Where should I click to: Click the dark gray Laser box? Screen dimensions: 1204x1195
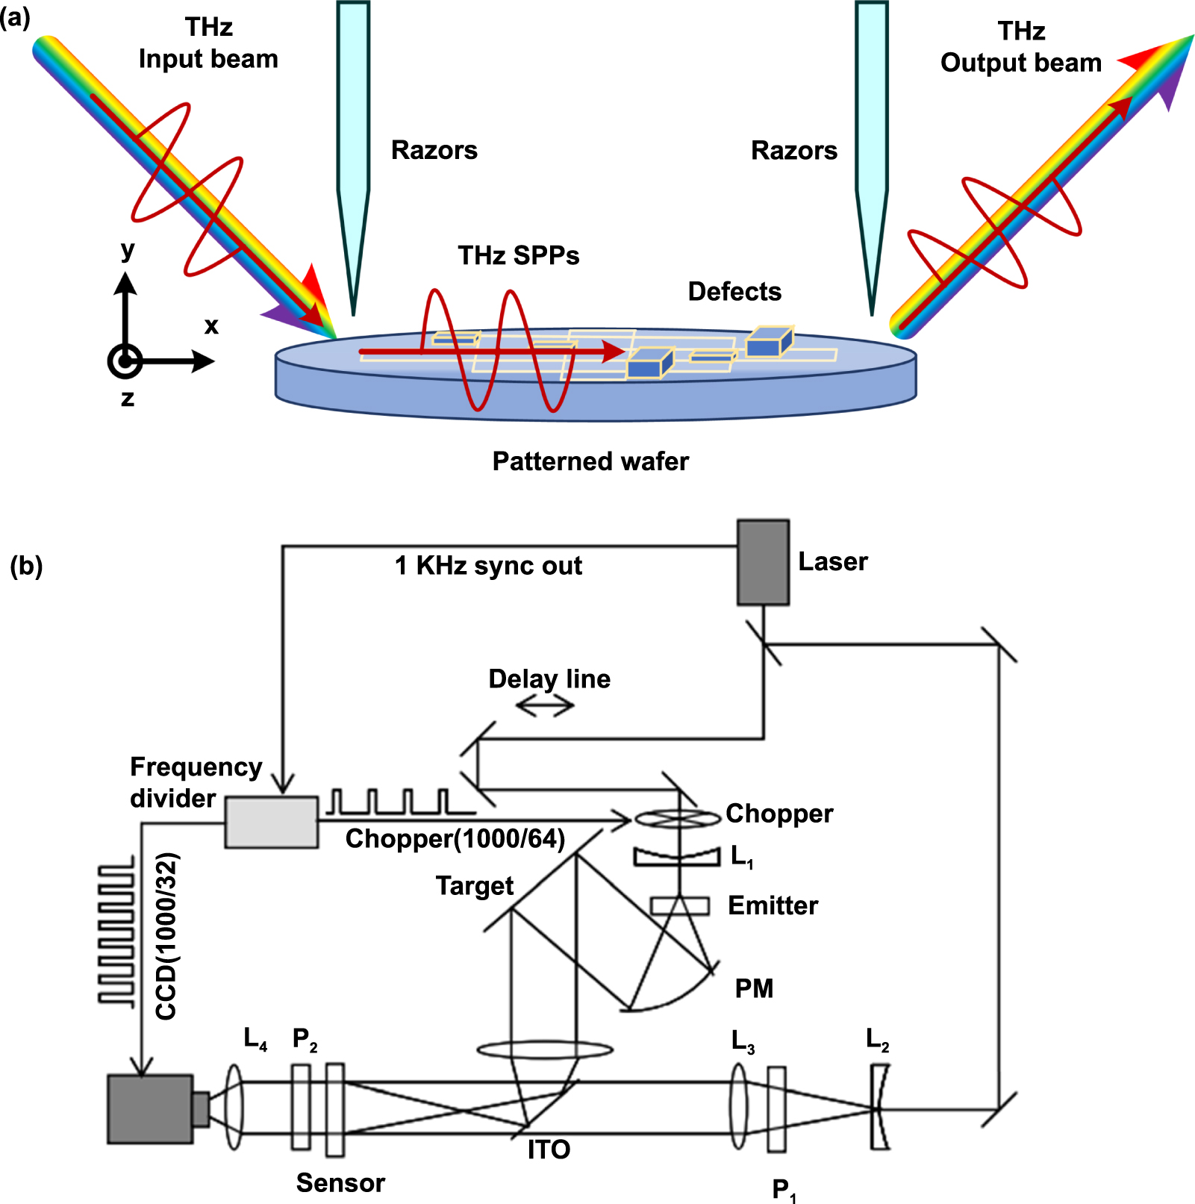click(763, 562)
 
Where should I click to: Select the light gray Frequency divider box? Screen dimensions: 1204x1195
click(272, 822)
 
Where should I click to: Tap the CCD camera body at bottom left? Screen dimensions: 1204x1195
click(150, 1108)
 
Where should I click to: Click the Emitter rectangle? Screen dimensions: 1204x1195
click(679, 905)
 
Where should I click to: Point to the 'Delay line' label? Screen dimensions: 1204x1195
click(549, 679)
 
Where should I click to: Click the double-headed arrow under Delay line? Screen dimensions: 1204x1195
click(545, 705)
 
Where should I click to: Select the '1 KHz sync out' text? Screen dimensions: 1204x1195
click(488, 566)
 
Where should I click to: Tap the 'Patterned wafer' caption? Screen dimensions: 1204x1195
click(590, 461)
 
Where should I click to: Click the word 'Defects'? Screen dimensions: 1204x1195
click(734, 291)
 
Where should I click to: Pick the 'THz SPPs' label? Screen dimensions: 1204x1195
click(519, 255)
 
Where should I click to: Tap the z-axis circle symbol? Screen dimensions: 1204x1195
click(125, 361)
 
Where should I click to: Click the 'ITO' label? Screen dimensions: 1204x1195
click(549, 1150)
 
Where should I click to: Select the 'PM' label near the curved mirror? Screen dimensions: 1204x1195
click(754, 988)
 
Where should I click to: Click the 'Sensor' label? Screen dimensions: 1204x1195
click(340, 1182)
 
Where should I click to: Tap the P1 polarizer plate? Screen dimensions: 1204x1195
click(776, 1110)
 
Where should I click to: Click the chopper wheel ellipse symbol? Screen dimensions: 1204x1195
click(678, 819)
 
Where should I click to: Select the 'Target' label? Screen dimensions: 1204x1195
click(475, 885)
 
